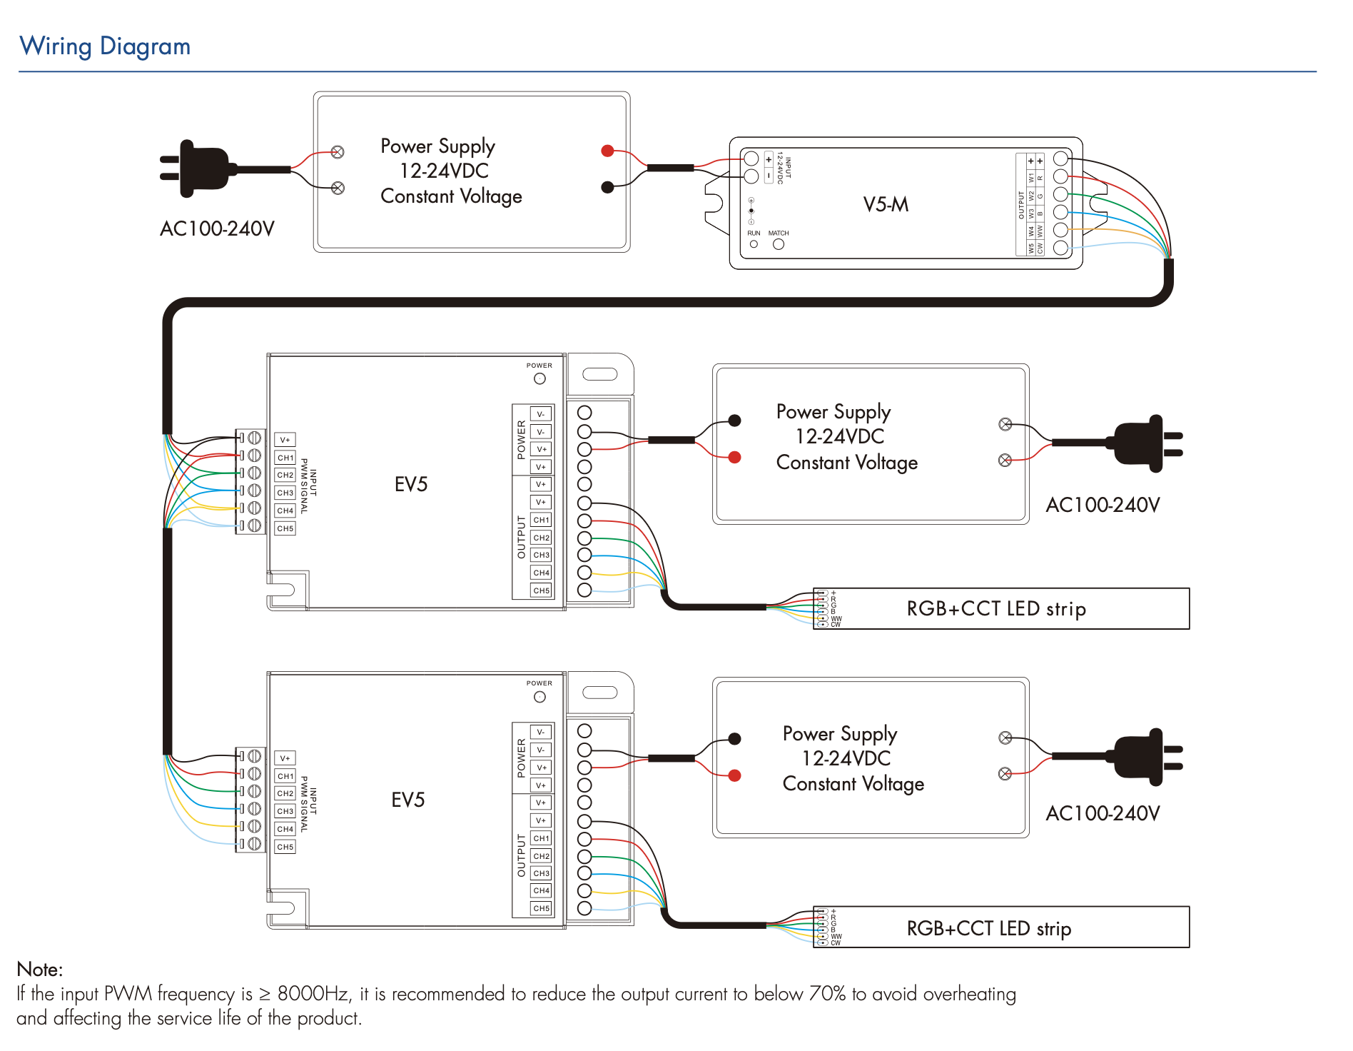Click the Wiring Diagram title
(105, 46)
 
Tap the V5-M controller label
(886, 205)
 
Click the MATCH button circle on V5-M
(779, 244)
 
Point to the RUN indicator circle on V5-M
(754, 244)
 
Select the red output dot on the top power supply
(607, 151)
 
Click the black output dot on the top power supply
(607, 187)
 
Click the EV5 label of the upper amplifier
(411, 485)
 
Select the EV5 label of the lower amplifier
(408, 800)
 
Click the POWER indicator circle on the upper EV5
(539, 378)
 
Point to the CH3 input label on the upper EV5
(285, 493)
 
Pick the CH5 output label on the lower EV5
(542, 908)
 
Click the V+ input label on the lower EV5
(285, 758)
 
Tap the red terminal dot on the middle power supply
(734, 457)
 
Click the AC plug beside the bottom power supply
(1142, 757)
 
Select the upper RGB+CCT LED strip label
(996, 609)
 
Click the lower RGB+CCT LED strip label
(989, 928)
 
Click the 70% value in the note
(827, 994)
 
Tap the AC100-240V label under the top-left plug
(217, 229)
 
